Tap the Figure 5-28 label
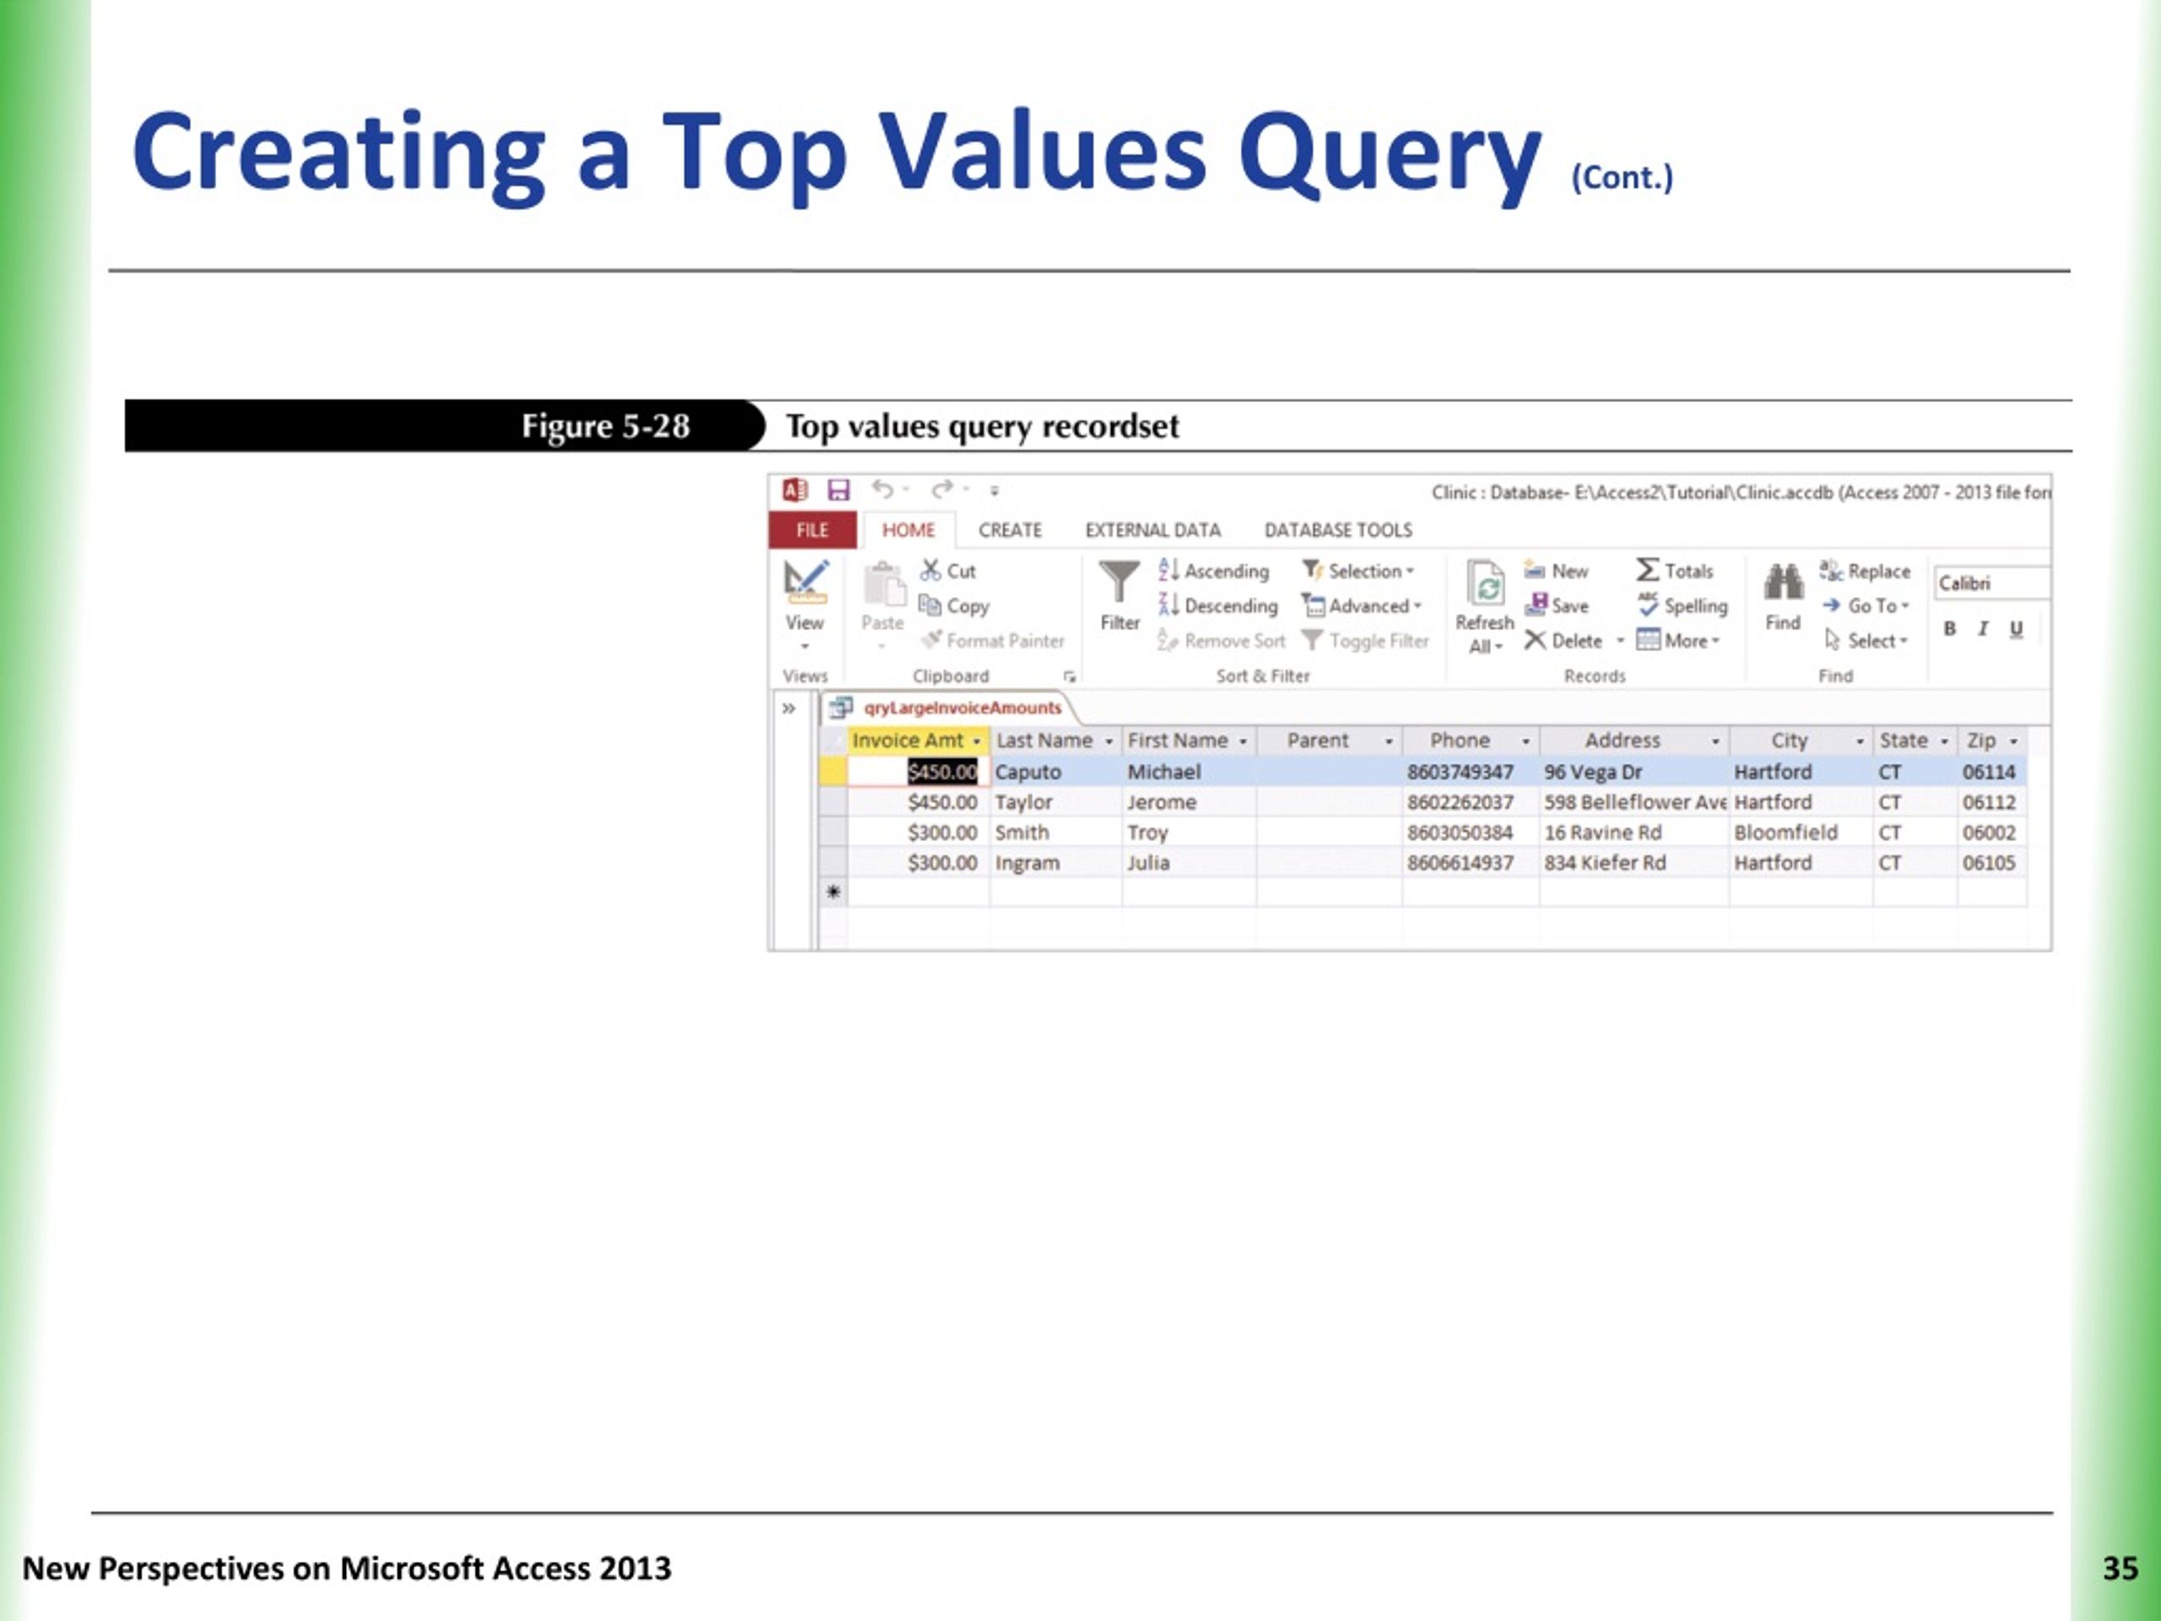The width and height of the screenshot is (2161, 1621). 604,426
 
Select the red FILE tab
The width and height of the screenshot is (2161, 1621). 812,529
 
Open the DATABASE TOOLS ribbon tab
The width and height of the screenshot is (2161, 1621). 1337,529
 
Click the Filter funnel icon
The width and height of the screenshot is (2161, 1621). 1118,583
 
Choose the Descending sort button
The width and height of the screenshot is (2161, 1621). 1219,606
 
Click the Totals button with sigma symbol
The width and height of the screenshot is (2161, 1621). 1676,571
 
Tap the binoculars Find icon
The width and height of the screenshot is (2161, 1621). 1783,583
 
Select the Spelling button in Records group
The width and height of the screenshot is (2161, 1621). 1683,606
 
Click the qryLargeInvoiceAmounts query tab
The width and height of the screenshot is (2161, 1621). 961,707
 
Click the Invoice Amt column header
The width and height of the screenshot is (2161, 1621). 907,740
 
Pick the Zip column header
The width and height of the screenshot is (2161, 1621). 1981,740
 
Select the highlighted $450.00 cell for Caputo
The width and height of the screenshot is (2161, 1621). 942,772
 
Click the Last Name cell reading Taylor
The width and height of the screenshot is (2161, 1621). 1023,802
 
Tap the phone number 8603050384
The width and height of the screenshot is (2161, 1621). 1460,832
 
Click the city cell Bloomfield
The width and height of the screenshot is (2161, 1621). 1785,832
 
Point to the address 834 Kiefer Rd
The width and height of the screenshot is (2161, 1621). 1604,863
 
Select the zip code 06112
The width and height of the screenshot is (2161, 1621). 1988,802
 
